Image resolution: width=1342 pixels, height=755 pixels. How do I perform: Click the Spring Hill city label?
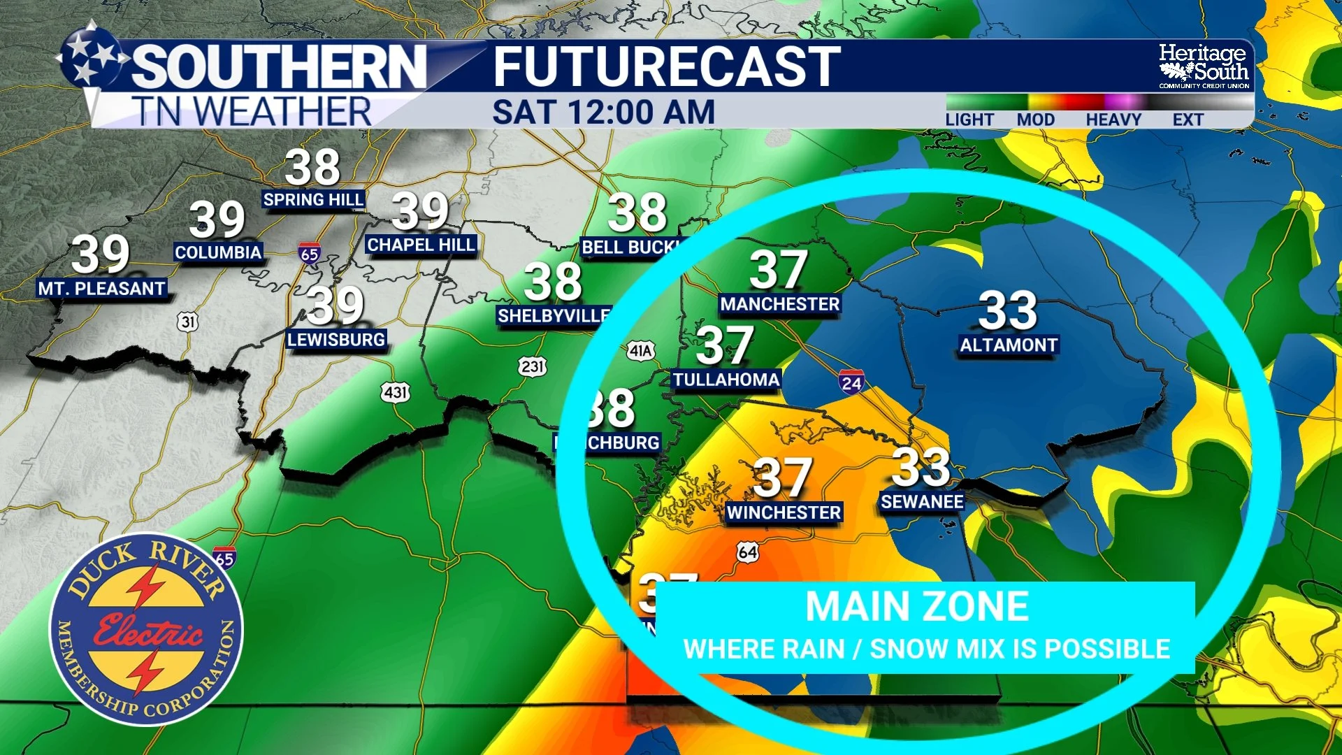click(313, 200)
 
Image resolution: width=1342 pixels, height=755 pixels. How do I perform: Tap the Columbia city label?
click(218, 252)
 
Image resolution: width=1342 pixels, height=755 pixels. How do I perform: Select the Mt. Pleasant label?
click(101, 288)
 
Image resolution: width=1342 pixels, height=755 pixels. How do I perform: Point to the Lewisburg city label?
click(336, 340)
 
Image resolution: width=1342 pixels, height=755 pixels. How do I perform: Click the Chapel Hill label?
click(421, 245)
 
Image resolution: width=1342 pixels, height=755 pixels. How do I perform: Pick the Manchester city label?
click(779, 304)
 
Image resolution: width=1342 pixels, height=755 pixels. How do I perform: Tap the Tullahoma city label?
click(726, 380)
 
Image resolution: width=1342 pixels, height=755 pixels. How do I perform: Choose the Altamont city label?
click(1008, 345)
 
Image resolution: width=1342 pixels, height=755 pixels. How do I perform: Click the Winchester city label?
click(783, 512)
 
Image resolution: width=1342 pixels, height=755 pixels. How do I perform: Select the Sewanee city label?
click(922, 502)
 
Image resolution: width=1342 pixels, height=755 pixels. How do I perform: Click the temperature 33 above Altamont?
click(1007, 310)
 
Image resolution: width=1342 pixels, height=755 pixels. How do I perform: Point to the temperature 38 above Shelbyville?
click(553, 282)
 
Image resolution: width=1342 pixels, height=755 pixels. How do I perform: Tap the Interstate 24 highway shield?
click(851, 382)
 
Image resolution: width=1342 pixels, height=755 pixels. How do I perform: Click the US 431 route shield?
click(396, 392)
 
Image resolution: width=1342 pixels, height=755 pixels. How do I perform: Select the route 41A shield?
click(640, 350)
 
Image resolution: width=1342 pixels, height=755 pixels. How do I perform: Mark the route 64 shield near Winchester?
click(747, 552)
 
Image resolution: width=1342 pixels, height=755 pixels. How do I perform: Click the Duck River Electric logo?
click(146, 629)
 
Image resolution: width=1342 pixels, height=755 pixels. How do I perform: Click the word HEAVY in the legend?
click(1113, 120)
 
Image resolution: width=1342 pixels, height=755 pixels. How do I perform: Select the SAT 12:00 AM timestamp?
click(603, 113)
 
